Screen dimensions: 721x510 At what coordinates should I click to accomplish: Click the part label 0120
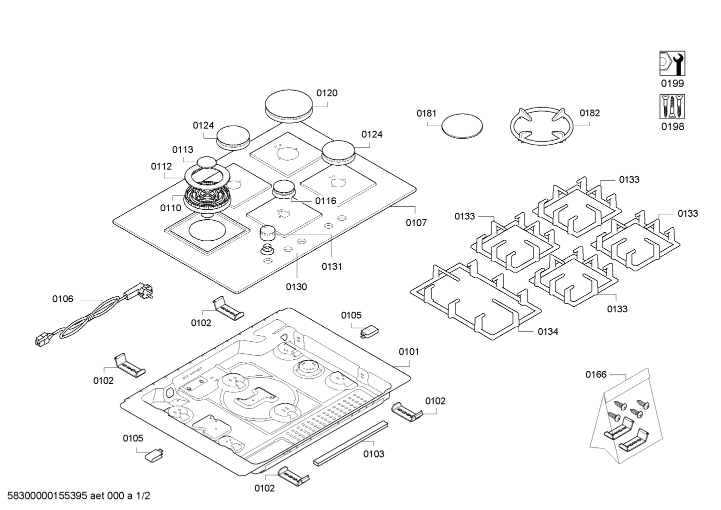click(x=326, y=93)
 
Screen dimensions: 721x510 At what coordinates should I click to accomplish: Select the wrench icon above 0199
click(x=672, y=64)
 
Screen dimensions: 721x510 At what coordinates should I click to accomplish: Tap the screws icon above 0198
click(x=672, y=107)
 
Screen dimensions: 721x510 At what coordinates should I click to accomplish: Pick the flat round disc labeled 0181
click(x=462, y=126)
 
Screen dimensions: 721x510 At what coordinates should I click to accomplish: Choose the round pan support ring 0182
click(x=541, y=126)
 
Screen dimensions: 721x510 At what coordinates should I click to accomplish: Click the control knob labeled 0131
click(x=267, y=233)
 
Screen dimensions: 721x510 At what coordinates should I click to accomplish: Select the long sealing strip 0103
click(x=350, y=443)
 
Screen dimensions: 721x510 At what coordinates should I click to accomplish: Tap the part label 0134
click(x=548, y=331)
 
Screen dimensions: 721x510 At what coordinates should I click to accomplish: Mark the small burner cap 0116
click(x=283, y=189)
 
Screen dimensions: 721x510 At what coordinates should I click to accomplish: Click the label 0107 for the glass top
click(x=416, y=223)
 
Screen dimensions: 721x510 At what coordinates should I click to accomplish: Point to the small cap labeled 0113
click(x=206, y=162)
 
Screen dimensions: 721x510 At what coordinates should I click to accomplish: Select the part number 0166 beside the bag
click(x=596, y=374)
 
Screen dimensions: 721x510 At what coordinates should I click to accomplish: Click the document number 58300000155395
click(x=47, y=496)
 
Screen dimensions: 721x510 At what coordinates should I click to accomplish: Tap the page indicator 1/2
click(x=143, y=496)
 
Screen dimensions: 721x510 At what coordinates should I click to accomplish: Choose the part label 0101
click(x=409, y=351)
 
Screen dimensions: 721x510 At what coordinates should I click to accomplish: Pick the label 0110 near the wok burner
click(x=170, y=208)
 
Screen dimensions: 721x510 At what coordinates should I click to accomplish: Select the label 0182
click(x=589, y=113)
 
